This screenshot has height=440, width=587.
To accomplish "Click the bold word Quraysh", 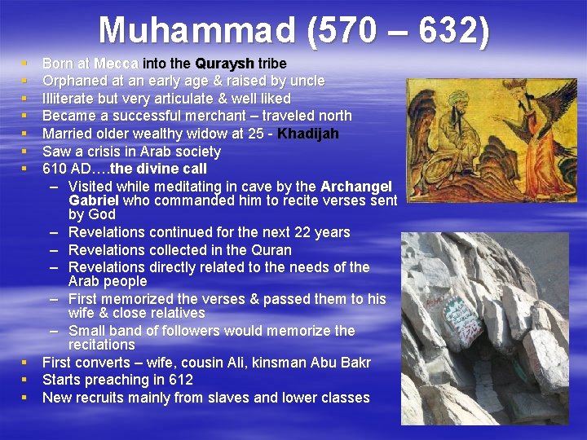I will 224,63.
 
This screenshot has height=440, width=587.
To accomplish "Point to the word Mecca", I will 117,63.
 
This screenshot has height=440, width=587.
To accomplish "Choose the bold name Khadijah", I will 308,134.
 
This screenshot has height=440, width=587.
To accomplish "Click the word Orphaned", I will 74,81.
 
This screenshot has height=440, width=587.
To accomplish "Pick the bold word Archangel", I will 357,187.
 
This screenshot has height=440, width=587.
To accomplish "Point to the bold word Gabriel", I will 94,200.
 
